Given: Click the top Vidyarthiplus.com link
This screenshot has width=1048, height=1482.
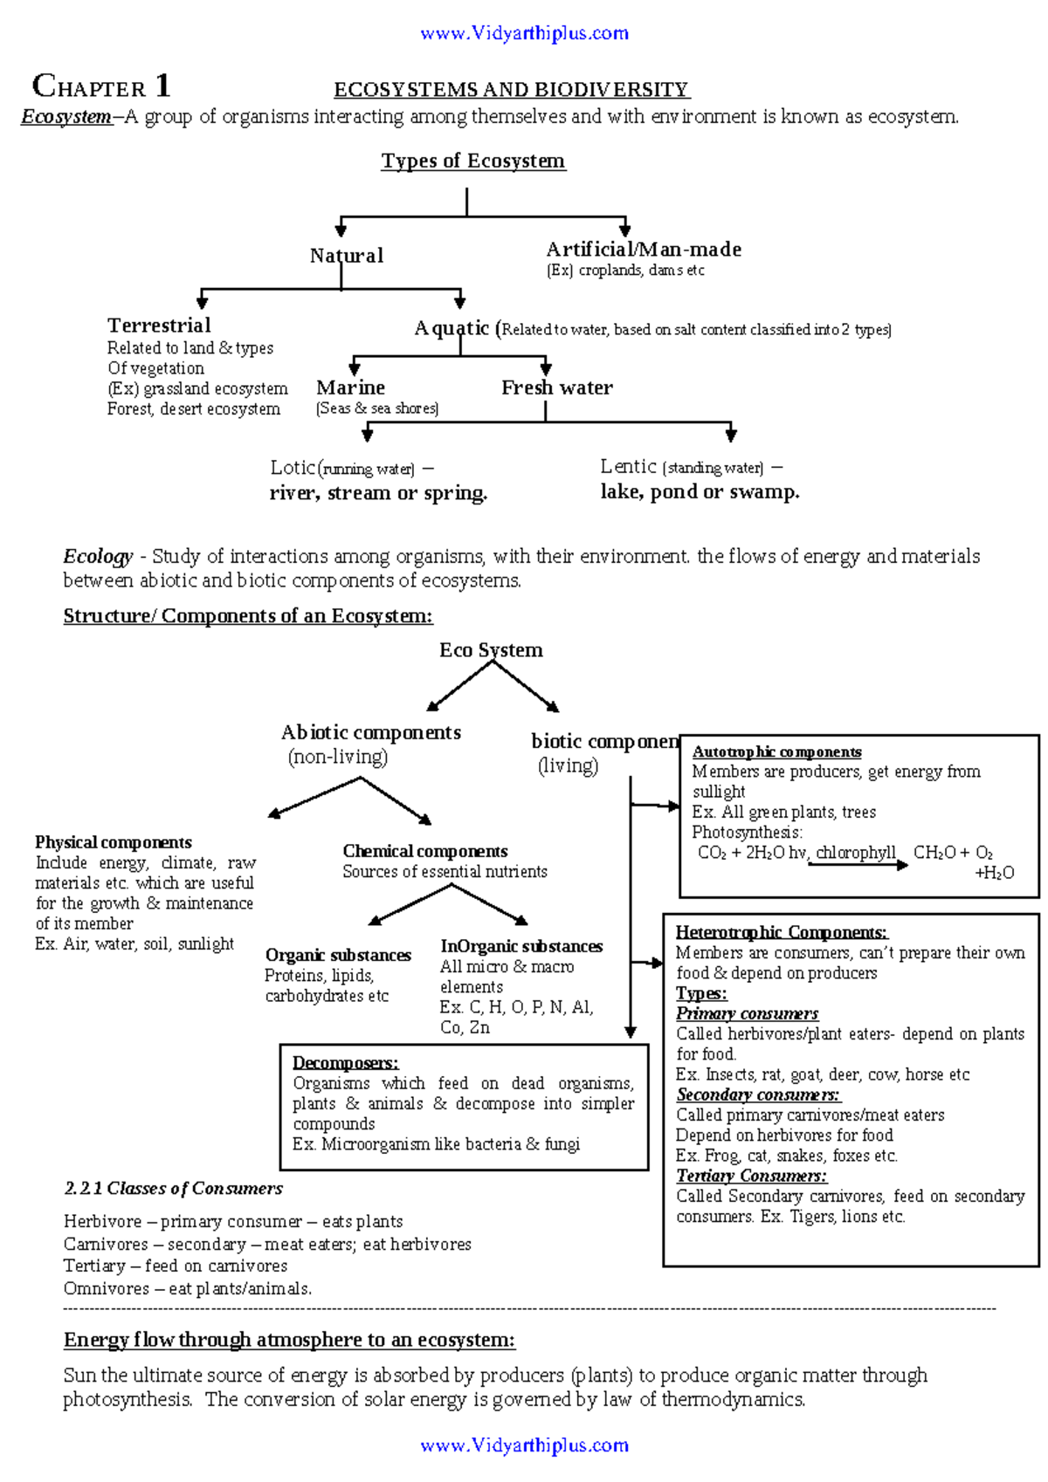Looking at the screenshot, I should click(x=524, y=33).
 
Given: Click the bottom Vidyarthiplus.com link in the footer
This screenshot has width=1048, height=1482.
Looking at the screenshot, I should click(x=524, y=1445).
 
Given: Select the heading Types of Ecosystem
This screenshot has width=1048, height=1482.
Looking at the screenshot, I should click(x=473, y=161).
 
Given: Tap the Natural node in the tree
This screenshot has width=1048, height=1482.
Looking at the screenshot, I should click(x=346, y=256).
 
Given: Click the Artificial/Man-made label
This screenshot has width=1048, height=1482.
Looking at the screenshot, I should click(x=644, y=250).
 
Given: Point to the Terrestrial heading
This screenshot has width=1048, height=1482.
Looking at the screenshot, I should click(x=159, y=326).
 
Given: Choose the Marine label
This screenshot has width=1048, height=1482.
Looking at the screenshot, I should click(x=350, y=388).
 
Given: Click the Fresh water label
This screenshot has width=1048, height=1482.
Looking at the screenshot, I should click(x=556, y=388).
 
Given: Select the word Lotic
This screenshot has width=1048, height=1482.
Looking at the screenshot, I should click(x=292, y=468).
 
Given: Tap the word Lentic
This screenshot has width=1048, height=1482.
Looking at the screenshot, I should click(x=628, y=467).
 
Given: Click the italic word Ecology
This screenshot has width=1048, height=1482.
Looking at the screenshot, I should click(x=98, y=557).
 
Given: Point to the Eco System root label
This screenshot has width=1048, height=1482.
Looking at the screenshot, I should click(x=491, y=650).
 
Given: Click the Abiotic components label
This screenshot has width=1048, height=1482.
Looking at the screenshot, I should click(x=370, y=733).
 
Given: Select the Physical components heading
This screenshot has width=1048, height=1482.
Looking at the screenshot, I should click(x=113, y=842).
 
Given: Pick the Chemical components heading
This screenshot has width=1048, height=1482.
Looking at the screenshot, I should click(x=424, y=851).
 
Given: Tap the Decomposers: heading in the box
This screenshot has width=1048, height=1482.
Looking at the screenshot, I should click(x=345, y=1063).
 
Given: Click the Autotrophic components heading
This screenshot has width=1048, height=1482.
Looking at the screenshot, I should click(x=776, y=752).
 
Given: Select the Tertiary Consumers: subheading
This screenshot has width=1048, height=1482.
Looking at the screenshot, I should click(x=751, y=1176).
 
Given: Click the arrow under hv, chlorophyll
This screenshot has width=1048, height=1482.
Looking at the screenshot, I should click(x=858, y=865).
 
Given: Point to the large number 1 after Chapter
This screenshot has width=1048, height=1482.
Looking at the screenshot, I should click(x=162, y=86).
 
